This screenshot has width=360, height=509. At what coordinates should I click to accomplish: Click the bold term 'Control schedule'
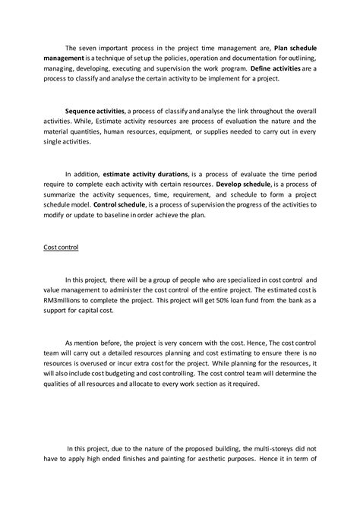click(x=122, y=204)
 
